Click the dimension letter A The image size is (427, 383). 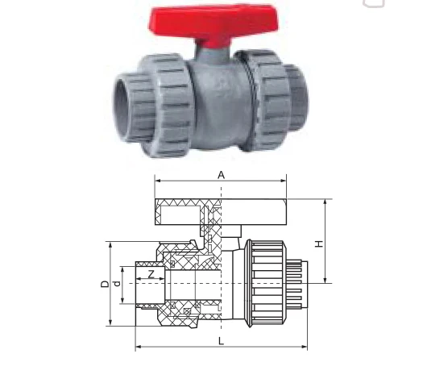(220, 174)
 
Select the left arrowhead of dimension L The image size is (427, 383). (138, 348)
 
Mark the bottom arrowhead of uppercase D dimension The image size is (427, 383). (110, 325)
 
